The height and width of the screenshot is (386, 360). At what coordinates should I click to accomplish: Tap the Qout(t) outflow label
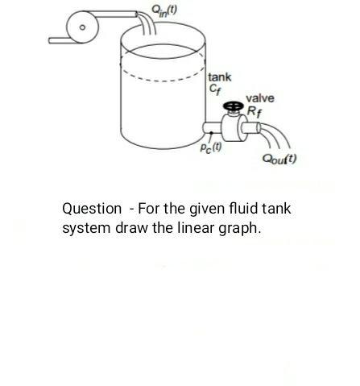pos(280,159)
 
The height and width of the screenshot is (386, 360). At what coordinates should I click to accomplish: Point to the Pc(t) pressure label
pos(210,149)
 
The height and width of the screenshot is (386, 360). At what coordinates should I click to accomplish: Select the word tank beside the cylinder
pos(220,77)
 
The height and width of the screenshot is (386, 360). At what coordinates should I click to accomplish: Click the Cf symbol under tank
pos(215,89)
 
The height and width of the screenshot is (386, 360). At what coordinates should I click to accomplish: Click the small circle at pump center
pos(82,26)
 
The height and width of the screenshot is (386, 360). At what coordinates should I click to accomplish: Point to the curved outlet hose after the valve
pos(274,133)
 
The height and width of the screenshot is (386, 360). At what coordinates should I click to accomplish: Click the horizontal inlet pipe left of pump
pos(60,39)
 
